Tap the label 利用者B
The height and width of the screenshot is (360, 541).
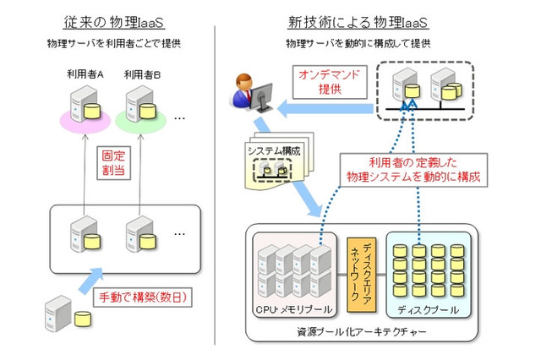coord(142,75)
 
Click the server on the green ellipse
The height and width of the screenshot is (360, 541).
coord(140,107)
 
